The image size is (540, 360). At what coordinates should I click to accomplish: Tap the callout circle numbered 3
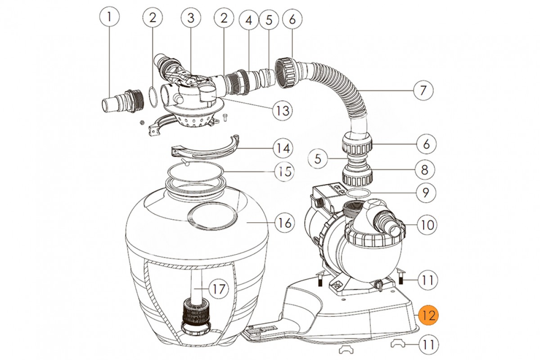191,18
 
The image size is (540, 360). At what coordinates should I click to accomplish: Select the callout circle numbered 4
248,20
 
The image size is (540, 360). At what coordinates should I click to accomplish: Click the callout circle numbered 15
284,171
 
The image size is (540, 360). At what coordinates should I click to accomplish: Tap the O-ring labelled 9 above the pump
359,193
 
